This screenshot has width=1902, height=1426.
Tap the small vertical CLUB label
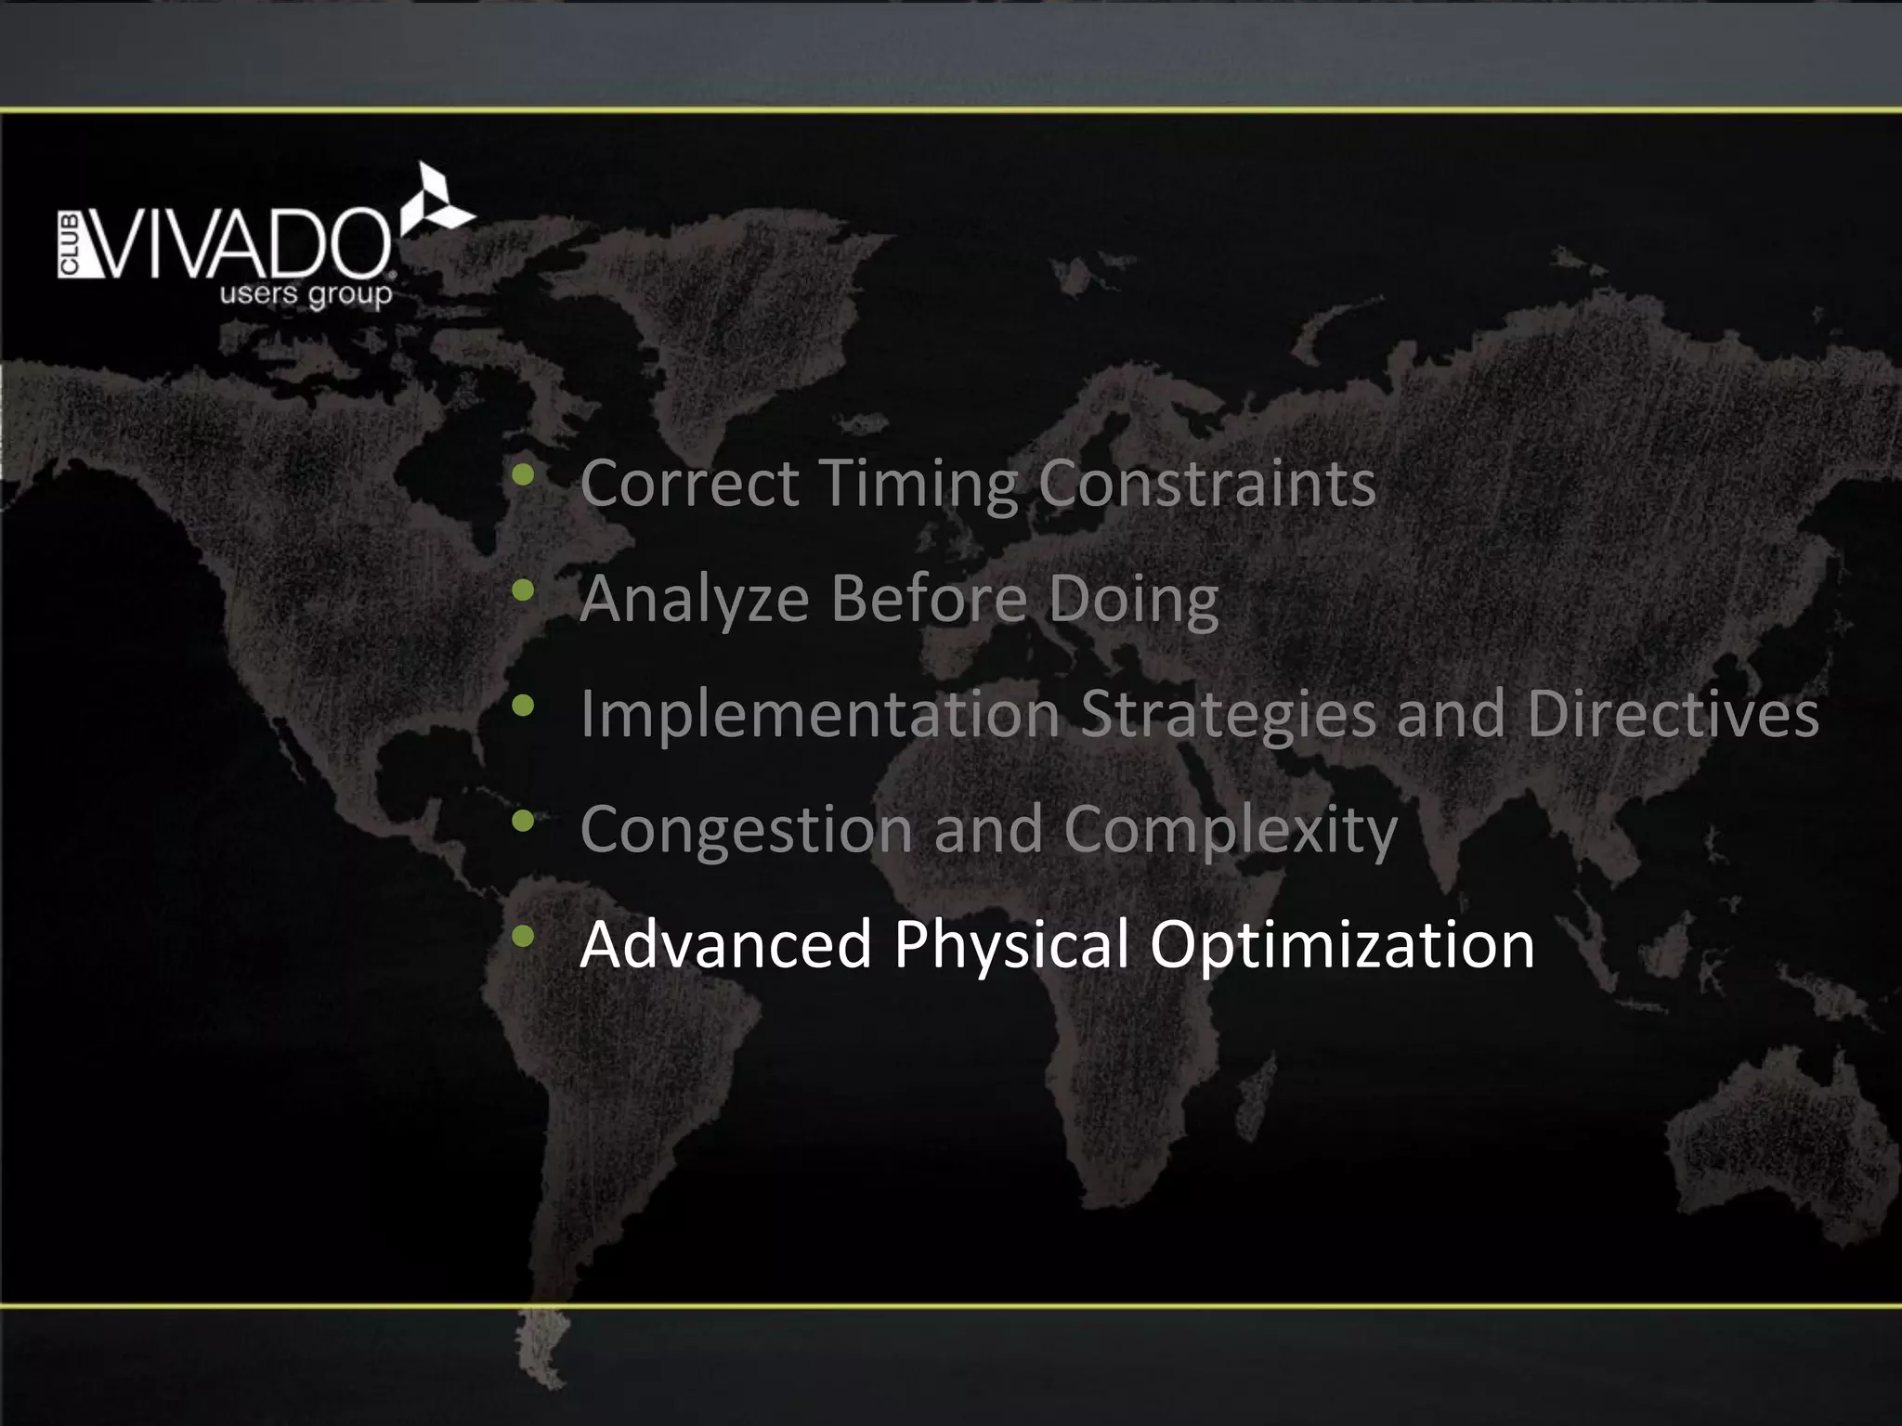pyautogui.click(x=70, y=245)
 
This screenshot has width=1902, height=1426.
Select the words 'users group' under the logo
pyautogui.click(x=306, y=295)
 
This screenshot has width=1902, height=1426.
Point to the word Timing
pyautogui.click(x=918, y=485)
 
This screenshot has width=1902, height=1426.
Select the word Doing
pyautogui.click(x=1133, y=600)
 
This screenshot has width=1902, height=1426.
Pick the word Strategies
pyautogui.click(x=1228, y=715)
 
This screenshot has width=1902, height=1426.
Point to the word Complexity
pyautogui.click(x=1230, y=830)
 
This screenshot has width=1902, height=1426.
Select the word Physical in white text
pyautogui.click(x=1010, y=945)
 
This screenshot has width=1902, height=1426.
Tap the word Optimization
pyautogui.click(x=1341, y=945)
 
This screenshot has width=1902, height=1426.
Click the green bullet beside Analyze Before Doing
pyautogui.click(x=523, y=590)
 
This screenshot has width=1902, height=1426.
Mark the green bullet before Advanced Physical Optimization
pyautogui.click(x=523, y=936)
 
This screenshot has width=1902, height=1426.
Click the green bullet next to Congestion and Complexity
pyautogui.click(x=523, y=821)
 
